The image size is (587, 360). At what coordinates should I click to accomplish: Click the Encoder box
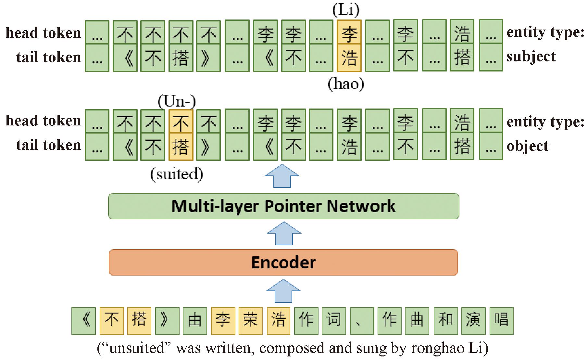tap(283, 263)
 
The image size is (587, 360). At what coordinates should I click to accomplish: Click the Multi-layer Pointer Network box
tap(283, 206)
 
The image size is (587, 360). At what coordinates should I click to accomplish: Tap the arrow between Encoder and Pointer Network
tap(284, 234)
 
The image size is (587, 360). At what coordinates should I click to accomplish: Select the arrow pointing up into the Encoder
tap(283, 291)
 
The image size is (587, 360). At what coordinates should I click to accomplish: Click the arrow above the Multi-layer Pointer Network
tap(282, 176)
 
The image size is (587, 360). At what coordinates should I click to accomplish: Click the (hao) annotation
tap(346, 84)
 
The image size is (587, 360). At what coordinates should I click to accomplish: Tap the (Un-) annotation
tap(177, 101)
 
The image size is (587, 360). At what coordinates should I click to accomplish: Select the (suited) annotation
tap(177, 174)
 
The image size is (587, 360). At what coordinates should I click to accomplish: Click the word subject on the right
tap(531, 57)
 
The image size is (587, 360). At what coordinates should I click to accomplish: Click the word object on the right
tap(527, 146)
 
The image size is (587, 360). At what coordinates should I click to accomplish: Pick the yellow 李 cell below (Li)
tap(349, 33)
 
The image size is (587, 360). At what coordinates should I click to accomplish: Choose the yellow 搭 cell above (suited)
tap(181, 147)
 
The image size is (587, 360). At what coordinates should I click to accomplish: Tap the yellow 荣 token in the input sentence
tap(250, 321)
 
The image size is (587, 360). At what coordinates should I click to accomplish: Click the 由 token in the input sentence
tap(195, 321)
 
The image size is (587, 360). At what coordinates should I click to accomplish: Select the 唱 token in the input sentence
tap(501, 321)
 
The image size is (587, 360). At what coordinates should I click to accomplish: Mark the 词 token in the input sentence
tap(334, 321)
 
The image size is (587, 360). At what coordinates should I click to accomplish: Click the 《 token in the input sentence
tap(84, 321)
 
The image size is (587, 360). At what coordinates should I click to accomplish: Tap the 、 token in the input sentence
tap(362, 321)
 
